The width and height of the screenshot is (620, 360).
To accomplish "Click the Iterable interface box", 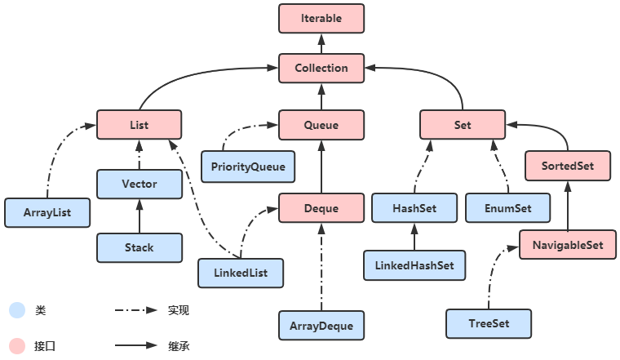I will [321, 18].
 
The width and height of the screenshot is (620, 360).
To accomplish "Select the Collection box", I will [321, 69].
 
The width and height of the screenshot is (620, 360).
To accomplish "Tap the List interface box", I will [139, 125].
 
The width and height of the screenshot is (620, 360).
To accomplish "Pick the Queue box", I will [321, 125].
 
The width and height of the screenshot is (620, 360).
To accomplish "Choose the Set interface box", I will [463, 125].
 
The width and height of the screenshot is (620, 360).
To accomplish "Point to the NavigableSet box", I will [568, 244].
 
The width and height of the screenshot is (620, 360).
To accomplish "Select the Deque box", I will [321, 208].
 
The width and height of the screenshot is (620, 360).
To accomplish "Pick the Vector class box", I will [139, 184].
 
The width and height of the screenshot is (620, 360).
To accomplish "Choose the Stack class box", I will [139, 247].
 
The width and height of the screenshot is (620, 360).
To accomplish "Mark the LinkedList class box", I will [241, 273].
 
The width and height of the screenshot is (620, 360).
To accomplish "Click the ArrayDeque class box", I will [321, 326].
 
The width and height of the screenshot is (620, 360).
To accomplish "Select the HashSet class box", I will [414, 208].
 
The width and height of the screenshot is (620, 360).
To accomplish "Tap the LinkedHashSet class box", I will [414, 265].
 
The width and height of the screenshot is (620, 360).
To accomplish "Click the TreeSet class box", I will [489, 323].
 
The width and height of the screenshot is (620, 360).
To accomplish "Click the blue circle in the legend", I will [17, 310].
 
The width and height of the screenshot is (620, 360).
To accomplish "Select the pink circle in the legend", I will [17, 345].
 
